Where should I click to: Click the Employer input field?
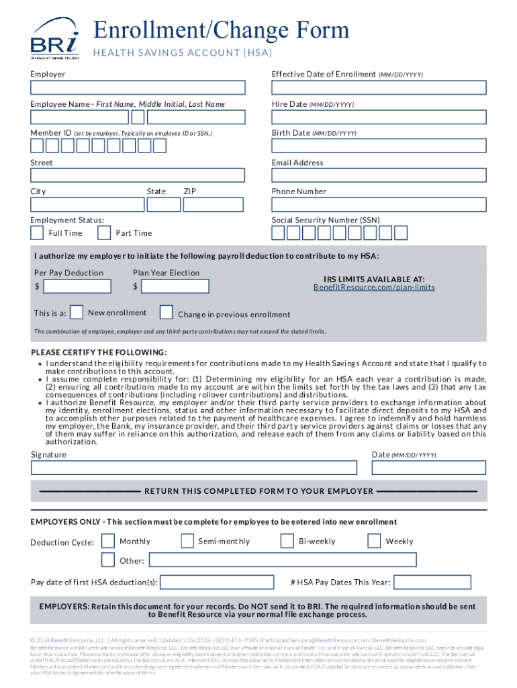pos(138,88)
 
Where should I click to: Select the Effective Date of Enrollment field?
pos(379,88)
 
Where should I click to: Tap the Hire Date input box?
pos(379,117)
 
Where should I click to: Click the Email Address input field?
pos(379,175)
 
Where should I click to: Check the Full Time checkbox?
pos(38,232)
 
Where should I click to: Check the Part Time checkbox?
pos(104,232)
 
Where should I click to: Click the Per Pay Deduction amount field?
pos(77,286)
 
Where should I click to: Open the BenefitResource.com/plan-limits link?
pos(374,288)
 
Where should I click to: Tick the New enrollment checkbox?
pos(77,312)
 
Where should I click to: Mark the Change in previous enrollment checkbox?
pos(167,312)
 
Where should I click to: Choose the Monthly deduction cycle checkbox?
pos(107,541)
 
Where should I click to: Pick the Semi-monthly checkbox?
pos(188,541)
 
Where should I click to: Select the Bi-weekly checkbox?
pos(287,541)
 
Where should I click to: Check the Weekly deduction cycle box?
pos(374,541)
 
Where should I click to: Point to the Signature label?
pos(49,455)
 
